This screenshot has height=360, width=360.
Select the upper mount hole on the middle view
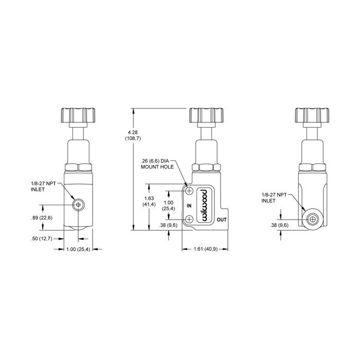189,191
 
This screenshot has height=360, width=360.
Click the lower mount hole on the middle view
189,219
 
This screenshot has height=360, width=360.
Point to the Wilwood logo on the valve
205,205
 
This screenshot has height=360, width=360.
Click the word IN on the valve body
189,206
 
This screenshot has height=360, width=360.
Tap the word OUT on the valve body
222,220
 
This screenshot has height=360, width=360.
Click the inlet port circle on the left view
78,205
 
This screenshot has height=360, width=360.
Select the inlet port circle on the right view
313,220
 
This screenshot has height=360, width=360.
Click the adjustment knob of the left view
78,115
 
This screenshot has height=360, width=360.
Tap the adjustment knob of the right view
312,115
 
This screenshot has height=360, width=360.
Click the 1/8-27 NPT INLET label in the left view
43,186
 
